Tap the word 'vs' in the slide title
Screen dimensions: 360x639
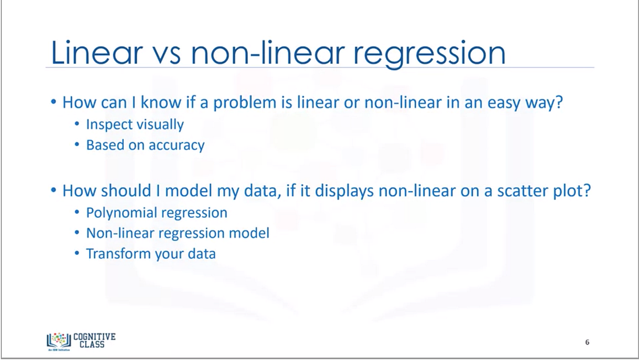point(164,53)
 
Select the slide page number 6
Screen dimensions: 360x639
point(587,342)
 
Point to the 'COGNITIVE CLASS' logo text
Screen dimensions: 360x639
point(94,340)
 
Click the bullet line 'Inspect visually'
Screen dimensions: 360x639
point(135,124)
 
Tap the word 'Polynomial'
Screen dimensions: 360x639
point(122,213)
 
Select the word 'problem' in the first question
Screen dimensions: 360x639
point(233,104)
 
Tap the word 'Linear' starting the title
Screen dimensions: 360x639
point(96,53)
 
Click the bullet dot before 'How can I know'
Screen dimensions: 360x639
point(54,104)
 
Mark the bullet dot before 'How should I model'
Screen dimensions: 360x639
point(54,191)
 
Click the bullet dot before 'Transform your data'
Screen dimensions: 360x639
point(78,254)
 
